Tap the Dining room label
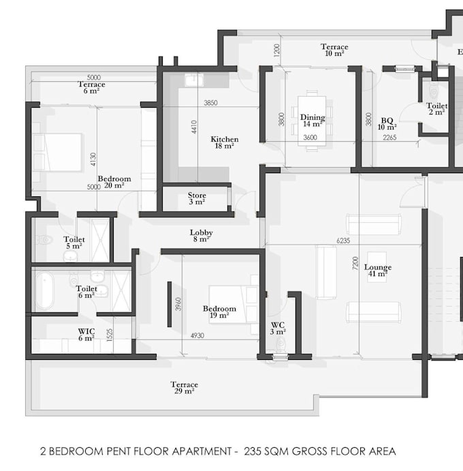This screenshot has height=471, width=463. click(x=313, y=117)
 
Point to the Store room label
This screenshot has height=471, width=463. click(x=197, y=195)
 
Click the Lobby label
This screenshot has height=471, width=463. click(x=202, y=232)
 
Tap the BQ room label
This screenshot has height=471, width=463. click(x=387, y=119)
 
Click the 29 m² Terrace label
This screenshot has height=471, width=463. click(x=184, y=385)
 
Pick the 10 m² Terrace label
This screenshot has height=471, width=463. click(x=334, y=46)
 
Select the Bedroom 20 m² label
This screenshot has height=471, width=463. click(x=114, y=179)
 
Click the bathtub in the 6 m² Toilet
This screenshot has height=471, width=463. click(x=45, y=290)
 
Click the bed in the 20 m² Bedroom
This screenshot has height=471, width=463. click(x=57, y=152)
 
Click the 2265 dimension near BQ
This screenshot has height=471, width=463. click(x=390, y=138)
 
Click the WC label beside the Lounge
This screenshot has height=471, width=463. click(x=278, y=324)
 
